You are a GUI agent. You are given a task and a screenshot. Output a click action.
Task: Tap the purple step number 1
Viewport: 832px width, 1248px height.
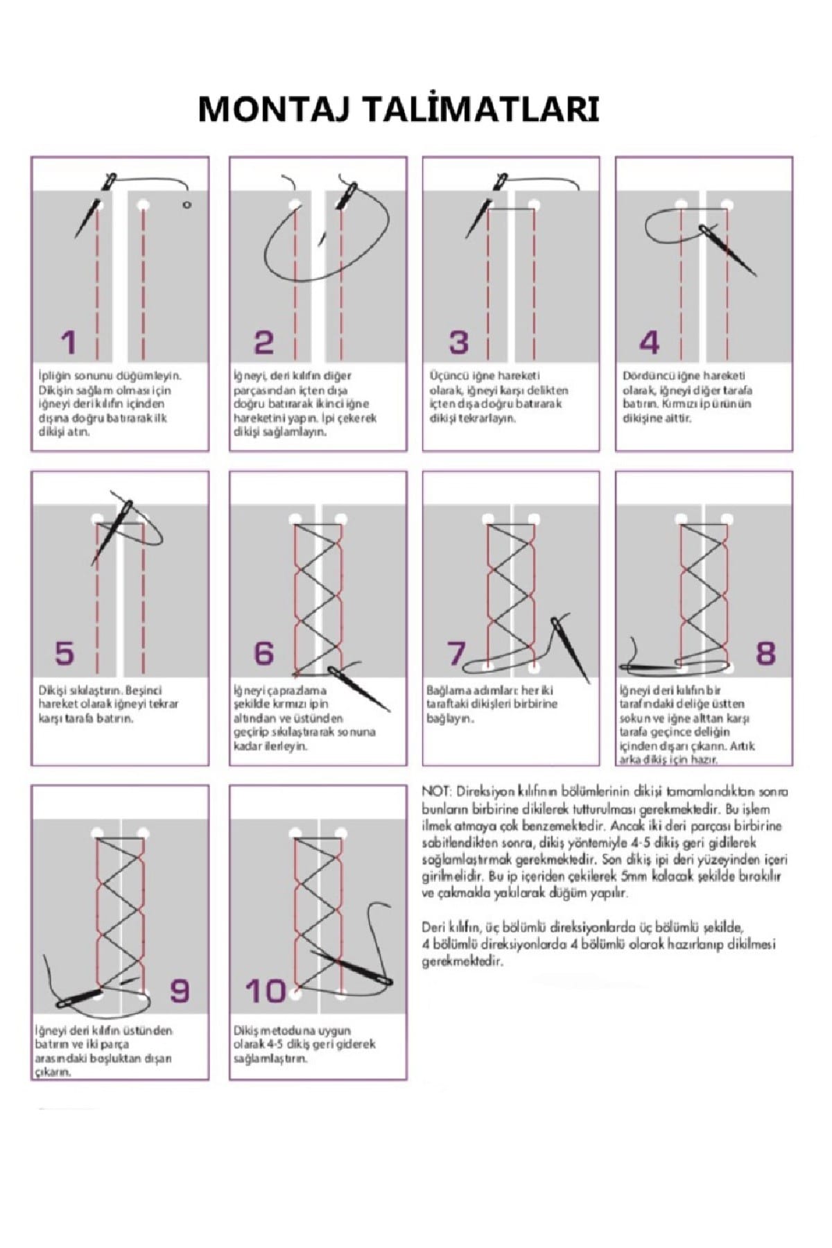coord(68,343)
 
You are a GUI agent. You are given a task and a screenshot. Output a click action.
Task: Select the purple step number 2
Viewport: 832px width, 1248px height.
coord(264,343)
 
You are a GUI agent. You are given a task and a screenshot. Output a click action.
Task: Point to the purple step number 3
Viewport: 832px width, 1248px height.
coord(458,343)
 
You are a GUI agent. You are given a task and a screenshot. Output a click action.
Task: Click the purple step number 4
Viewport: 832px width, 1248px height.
coord(649,343)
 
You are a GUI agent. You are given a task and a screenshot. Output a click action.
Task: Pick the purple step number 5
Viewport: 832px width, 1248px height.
coord(64,653)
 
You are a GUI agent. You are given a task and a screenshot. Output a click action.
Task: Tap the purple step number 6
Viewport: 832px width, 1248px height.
coord(264,653)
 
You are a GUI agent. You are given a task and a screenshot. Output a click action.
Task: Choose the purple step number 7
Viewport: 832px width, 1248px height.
coord(456,653)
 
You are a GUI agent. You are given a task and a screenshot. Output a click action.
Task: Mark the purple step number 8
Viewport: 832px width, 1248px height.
coord(765,653)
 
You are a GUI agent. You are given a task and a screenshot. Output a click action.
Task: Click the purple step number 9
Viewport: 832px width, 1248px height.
coord(180,991)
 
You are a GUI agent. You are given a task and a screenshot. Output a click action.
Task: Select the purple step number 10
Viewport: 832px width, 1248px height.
coord(266,991)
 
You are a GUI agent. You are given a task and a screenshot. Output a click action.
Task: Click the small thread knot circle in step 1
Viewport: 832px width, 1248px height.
coord(187,205)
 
